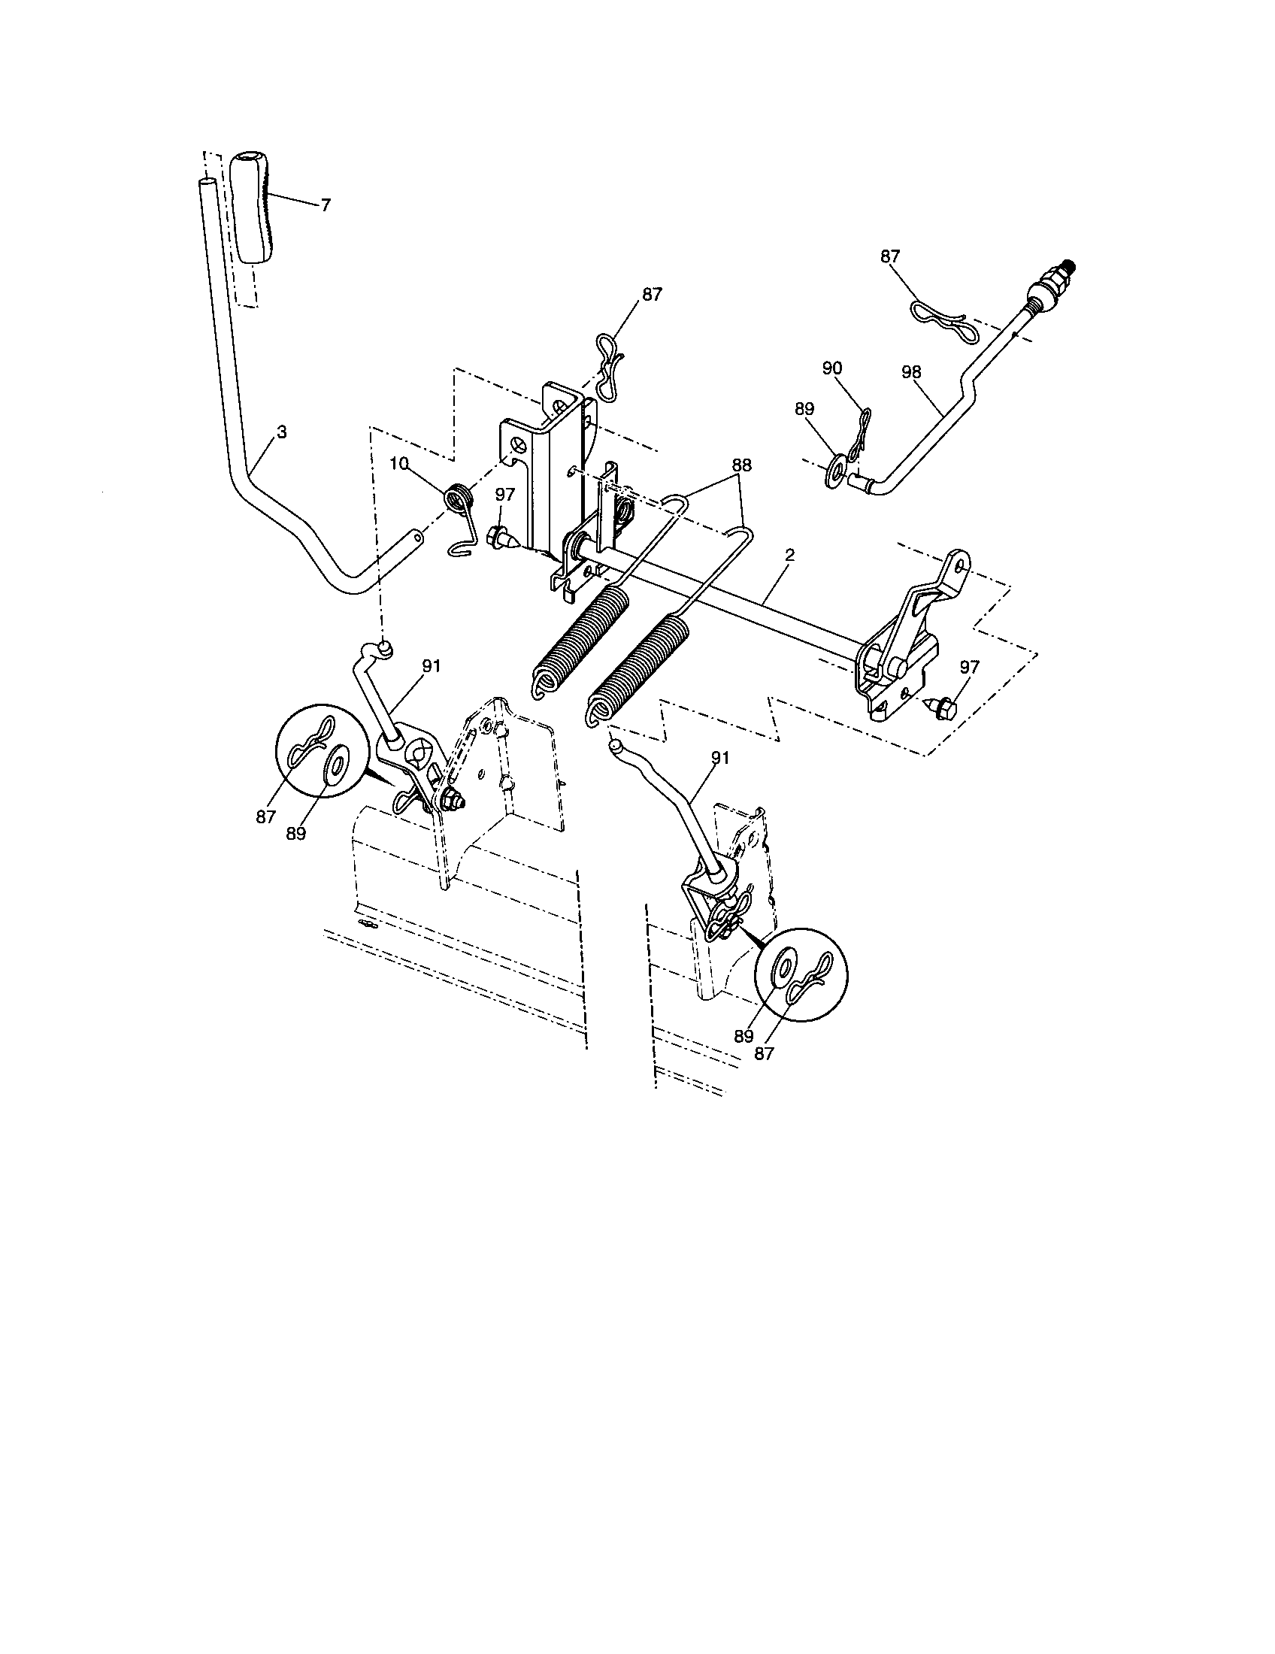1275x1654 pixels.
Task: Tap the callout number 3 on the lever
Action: coord(282,432)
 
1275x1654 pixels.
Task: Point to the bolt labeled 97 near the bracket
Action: coord(502,539)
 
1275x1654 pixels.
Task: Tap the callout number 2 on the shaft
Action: coord(789,555)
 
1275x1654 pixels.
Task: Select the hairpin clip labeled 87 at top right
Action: coord(940,322)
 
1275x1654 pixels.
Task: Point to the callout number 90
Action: coord(831,368)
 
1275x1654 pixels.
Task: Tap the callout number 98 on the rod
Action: coord(913,373)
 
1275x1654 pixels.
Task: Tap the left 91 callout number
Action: coord(432,665)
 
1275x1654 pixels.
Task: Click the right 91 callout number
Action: coord(719,756)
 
